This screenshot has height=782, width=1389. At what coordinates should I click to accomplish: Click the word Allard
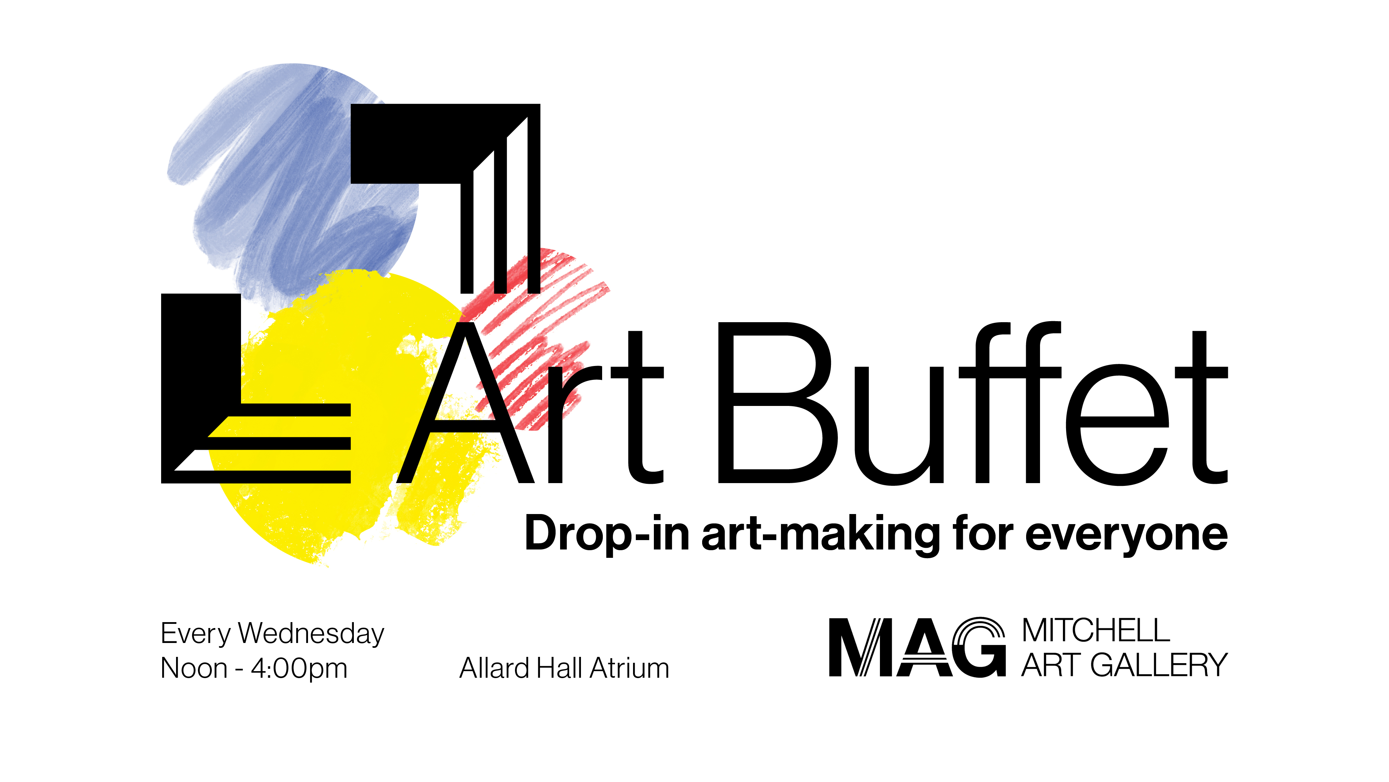[x=493, y=668]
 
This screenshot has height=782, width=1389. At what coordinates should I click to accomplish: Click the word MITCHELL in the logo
[x=1096, y=630]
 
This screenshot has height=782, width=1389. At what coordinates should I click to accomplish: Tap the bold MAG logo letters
[x=917, y=647]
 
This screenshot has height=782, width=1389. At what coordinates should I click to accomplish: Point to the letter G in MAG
[x=979, y=647]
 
